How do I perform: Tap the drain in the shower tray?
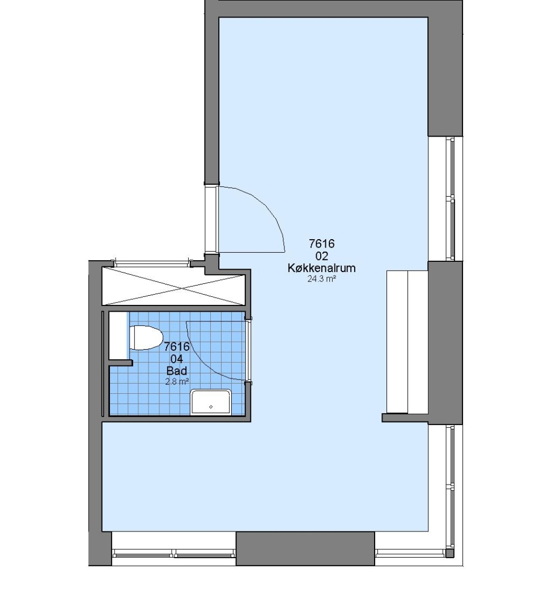pos(211,407)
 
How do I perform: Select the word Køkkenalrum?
pos(322,268)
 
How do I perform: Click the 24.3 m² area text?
pos(322,279)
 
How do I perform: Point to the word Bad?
pos(177,371)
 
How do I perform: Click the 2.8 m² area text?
pos(177,381)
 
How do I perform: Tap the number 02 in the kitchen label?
pos(322,256)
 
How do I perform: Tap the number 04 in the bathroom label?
pos(177,359)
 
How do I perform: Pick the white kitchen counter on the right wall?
pos(407,342)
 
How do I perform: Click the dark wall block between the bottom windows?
pos(305,549)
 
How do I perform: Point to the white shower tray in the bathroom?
pos(211,402)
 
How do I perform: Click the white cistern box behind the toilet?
pos(118,335)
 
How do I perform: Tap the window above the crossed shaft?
pos(152,264)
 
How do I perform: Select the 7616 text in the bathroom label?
pos(177,347)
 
